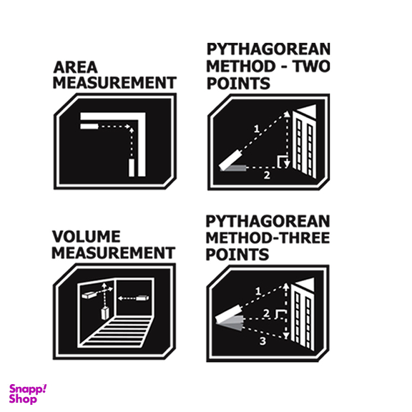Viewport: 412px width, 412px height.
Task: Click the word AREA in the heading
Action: coord(75,67)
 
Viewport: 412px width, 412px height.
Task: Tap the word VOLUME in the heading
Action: coord(87,237)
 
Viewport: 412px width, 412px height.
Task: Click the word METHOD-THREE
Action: coord(268,237)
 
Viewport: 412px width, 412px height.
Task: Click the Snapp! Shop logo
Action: coord(28,393)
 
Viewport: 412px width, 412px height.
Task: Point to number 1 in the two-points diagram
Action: coord(257,129)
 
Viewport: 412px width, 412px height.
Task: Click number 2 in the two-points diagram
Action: coord(267,175)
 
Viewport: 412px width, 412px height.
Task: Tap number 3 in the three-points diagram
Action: coord(263,341)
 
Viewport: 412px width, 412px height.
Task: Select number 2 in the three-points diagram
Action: coord(266,313)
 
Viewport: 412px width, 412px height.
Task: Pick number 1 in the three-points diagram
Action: coord(258,291)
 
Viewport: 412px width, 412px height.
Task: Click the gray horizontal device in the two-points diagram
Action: coord(233,168)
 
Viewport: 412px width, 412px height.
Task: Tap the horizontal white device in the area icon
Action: coord(89,127)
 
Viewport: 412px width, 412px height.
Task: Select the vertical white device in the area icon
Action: coord(132,167)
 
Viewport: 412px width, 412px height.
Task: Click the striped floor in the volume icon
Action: coord(117,332)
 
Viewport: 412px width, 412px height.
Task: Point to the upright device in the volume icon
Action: coord(105,313)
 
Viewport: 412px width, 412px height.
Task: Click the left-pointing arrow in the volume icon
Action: coord(127,298)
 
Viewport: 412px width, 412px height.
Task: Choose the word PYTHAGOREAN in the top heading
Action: coord(268,49)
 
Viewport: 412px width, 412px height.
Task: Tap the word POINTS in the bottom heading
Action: coord(237,255)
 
